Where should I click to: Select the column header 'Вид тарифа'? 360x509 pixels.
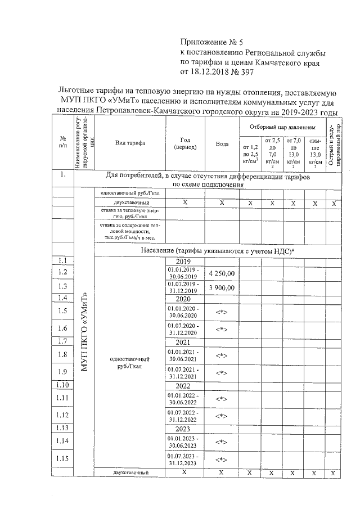coord(130,143)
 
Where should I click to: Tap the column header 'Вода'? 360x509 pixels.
coord(222,143)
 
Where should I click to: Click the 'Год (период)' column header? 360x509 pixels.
coord(185,143)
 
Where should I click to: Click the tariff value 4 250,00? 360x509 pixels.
coord(222,273)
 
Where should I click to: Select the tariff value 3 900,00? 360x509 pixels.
coord(222,288)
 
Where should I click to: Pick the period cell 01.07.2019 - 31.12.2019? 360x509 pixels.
coord(185,287)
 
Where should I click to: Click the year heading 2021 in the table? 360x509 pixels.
coord(184,342)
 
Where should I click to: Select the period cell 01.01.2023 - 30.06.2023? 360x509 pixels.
coord(185,443)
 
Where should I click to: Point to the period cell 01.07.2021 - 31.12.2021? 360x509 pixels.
coord(185,372)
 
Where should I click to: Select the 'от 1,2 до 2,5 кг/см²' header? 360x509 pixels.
coord(250,153)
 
